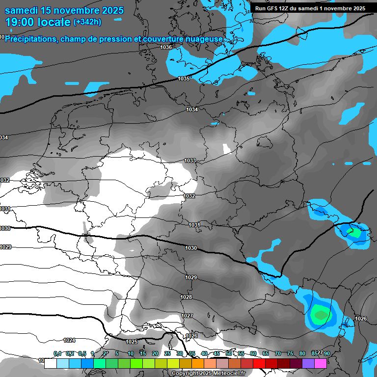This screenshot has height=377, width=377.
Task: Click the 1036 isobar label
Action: tap(166, 47)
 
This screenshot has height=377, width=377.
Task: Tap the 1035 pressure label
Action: tap(184, 79)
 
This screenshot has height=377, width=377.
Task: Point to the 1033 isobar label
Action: tap(190, 161)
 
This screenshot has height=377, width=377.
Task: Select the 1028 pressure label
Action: tap(186, 297)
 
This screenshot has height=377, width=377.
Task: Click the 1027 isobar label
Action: tap(187, 316)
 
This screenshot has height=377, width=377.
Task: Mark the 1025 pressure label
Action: tap(132, 342)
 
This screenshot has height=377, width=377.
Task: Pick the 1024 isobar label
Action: tap(69, 340)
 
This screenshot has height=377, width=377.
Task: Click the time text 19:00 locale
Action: tap(37, 22)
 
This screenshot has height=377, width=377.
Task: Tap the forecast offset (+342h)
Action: tap(87, 22)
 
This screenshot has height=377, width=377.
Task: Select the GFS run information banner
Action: tap(310, 8)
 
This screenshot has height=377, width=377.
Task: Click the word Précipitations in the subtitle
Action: tap(30, 39)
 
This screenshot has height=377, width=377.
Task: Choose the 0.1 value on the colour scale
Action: tap(57, 353)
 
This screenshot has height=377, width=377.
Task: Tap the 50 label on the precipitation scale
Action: tap(229, 353)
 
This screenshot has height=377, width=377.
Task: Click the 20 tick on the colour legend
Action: tap(155, 353)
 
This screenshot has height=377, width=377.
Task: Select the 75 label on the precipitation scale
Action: tap(290, 353)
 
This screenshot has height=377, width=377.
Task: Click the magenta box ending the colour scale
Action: tap(321, 363)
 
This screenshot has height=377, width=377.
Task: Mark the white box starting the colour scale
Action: tap(51, 363)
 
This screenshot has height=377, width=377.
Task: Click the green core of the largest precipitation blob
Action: tap(320, 313)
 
